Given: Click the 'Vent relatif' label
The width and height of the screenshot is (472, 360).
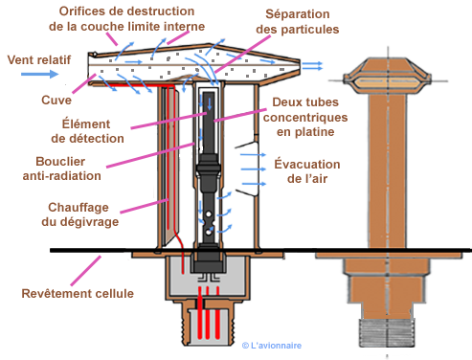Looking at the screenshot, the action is (39, 59).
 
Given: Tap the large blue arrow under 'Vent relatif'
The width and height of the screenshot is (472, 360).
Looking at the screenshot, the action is (39, 75).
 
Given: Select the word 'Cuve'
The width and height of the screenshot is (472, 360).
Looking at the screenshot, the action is (56, 100).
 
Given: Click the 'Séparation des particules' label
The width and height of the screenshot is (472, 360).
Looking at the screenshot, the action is (298, 22).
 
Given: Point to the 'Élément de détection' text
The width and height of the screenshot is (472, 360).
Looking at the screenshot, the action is (87, 131).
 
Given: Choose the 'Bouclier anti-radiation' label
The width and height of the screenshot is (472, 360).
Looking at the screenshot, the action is (61, 169).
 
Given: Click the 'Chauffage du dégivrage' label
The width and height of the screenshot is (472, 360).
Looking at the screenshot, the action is (79, 214).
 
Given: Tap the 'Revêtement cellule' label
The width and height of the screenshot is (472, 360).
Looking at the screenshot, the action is (78, 293).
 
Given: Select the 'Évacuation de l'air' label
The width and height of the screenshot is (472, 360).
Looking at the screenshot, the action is (307, 171).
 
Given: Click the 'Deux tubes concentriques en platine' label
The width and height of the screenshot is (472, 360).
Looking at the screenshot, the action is (305, 117).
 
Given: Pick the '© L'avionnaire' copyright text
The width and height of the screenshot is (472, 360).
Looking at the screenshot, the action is (272, 346).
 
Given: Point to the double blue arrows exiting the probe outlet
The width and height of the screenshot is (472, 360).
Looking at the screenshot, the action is (312, 66).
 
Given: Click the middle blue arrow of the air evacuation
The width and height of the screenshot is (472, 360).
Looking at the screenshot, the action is (254, 169).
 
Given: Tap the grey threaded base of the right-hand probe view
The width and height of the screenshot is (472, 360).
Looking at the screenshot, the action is (387, 333).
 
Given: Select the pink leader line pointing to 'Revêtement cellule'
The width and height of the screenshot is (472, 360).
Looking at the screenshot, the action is (85, 271).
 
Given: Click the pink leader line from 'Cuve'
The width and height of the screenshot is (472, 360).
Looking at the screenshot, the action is (84, 83).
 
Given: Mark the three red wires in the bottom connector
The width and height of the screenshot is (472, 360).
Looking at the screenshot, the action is (209, 313).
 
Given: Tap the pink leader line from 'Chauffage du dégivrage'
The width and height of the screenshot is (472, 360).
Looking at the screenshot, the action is (145, 206).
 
